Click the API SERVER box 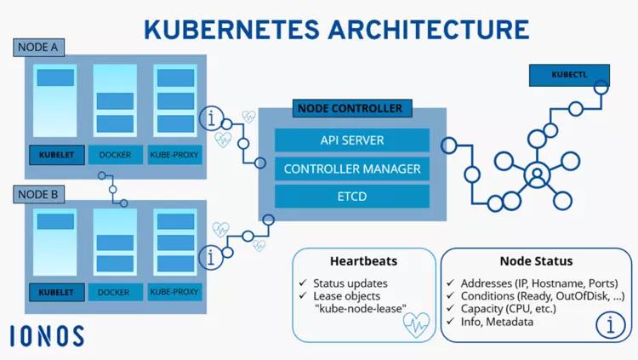pyautogui.click(x=351, y=140)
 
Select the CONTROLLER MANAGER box pyautogui.click(x=351, y=169)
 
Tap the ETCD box pyautogui.click(x=351, y=197)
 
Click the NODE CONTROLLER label pyautogui.click(x=349, y=109)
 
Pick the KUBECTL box pyautogui.click(x=565, y=76)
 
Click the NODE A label pyautogui.click(x=37, y=48)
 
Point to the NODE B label pyautogui.click(x=37, y=195)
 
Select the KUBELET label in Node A pyautogui.click(x=56, y=156)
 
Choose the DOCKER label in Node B pyautogui.click(x=114, y=293)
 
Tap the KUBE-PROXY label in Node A pyautogui.click(x=174, y=156)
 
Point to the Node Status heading pyautogui.click(x=536, y=261)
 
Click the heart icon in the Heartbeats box pyautogui.click(x=415, y=324)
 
